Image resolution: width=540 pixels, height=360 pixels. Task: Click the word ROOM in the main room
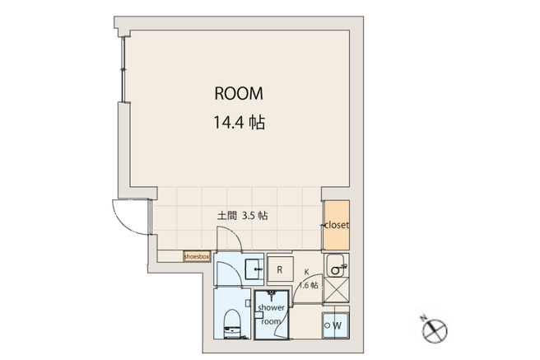tap(239, 93)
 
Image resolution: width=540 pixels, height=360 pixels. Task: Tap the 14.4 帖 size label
tap(240, 122)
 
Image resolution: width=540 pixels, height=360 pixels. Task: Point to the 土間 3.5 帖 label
tap(243, 216)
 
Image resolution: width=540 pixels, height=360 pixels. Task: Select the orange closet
tap(336, 225)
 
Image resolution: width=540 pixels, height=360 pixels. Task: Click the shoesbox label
tap(197, 257)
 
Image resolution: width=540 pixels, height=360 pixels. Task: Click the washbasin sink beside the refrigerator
tap(254, 269)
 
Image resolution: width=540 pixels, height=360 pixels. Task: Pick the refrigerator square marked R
tap(280, 269)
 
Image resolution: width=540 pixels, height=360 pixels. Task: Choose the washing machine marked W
tap(335, 325)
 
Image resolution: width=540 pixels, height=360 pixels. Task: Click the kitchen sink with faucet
tap(337, 265)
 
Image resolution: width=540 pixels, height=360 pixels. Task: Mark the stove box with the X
tap(336, 291)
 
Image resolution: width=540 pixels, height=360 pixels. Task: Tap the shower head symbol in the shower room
tap(272, 296)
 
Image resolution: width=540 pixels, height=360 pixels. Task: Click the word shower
tap(272, 307)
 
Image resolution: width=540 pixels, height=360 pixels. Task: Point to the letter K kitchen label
tap(306, 272)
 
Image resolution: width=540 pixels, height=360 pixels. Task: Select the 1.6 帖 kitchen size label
tap(309, 286)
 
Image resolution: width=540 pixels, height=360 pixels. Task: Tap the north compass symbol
tap(435, 330)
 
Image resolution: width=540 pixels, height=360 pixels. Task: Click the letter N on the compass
tap(423, 318)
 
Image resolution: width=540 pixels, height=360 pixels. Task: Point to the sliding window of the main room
tap(123, 69)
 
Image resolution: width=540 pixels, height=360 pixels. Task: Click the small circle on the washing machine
tap(328, 325)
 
